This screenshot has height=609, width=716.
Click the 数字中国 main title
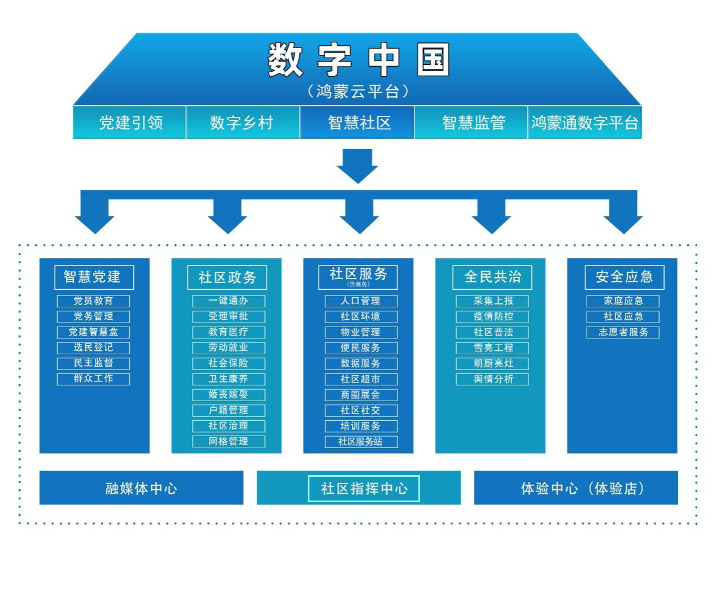(x=358, y=60)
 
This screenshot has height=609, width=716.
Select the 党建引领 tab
(x=130, y=123)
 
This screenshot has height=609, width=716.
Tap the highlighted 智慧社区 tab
(x=357, y=123)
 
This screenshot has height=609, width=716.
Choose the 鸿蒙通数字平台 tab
(x=584, y=123)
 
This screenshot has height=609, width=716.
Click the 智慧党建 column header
(x=94, y=277)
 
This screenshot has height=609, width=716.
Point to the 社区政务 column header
(x=227, y=277)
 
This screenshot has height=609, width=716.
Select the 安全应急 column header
(x=624, y=277)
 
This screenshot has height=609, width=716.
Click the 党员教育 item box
(x=93, y=301)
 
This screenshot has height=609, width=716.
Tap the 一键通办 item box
(x=229, y=301)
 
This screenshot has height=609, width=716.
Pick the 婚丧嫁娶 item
(x=229, y=394)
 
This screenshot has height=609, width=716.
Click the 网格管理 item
(x=229, y=441)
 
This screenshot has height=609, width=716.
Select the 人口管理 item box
(x=361, y=301)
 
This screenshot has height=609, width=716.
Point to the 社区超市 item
(x=361, y=379)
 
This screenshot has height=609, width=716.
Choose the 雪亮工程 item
(x=492, y=348)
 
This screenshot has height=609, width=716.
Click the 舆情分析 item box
(x=492, y=379)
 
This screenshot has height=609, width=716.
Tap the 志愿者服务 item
(x=623, y=332)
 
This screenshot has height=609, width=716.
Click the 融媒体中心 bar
(x=141, y=488)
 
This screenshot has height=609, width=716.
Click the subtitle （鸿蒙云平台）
(x=358, y=92)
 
